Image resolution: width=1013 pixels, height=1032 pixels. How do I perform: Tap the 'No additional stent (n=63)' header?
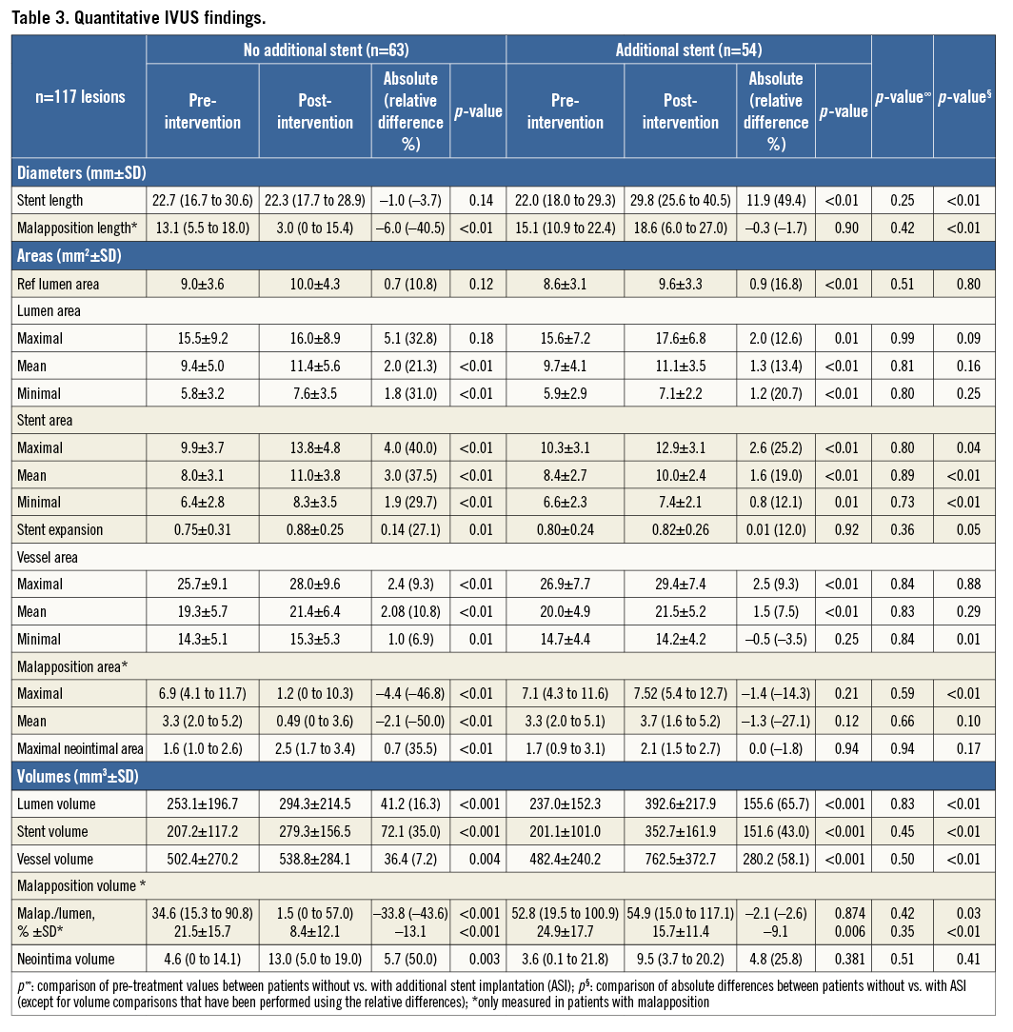point(326,50)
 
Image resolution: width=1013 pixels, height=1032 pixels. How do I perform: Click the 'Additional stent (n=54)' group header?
point(688,50)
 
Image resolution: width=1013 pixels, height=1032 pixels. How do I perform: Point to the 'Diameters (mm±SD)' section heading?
point(80,172)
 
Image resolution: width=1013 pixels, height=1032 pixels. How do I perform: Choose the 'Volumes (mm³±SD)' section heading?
point(77,777)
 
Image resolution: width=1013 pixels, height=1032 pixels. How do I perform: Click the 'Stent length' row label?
point(50,201)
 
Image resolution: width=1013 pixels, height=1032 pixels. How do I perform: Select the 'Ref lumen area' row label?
point(58,283)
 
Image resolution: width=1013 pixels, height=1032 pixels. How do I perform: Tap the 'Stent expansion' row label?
point(60,529)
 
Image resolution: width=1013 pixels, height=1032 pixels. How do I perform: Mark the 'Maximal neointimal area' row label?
point(78,748)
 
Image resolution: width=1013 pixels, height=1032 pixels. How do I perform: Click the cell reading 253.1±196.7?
point(202,804)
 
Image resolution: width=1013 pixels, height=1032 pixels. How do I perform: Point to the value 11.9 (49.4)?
point(776,201)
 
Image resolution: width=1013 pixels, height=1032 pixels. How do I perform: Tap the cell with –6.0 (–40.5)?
point(410,228)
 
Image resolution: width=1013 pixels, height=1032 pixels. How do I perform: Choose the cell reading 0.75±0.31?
point(202,529)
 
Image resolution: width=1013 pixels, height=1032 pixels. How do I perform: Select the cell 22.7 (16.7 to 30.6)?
point(202,201)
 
